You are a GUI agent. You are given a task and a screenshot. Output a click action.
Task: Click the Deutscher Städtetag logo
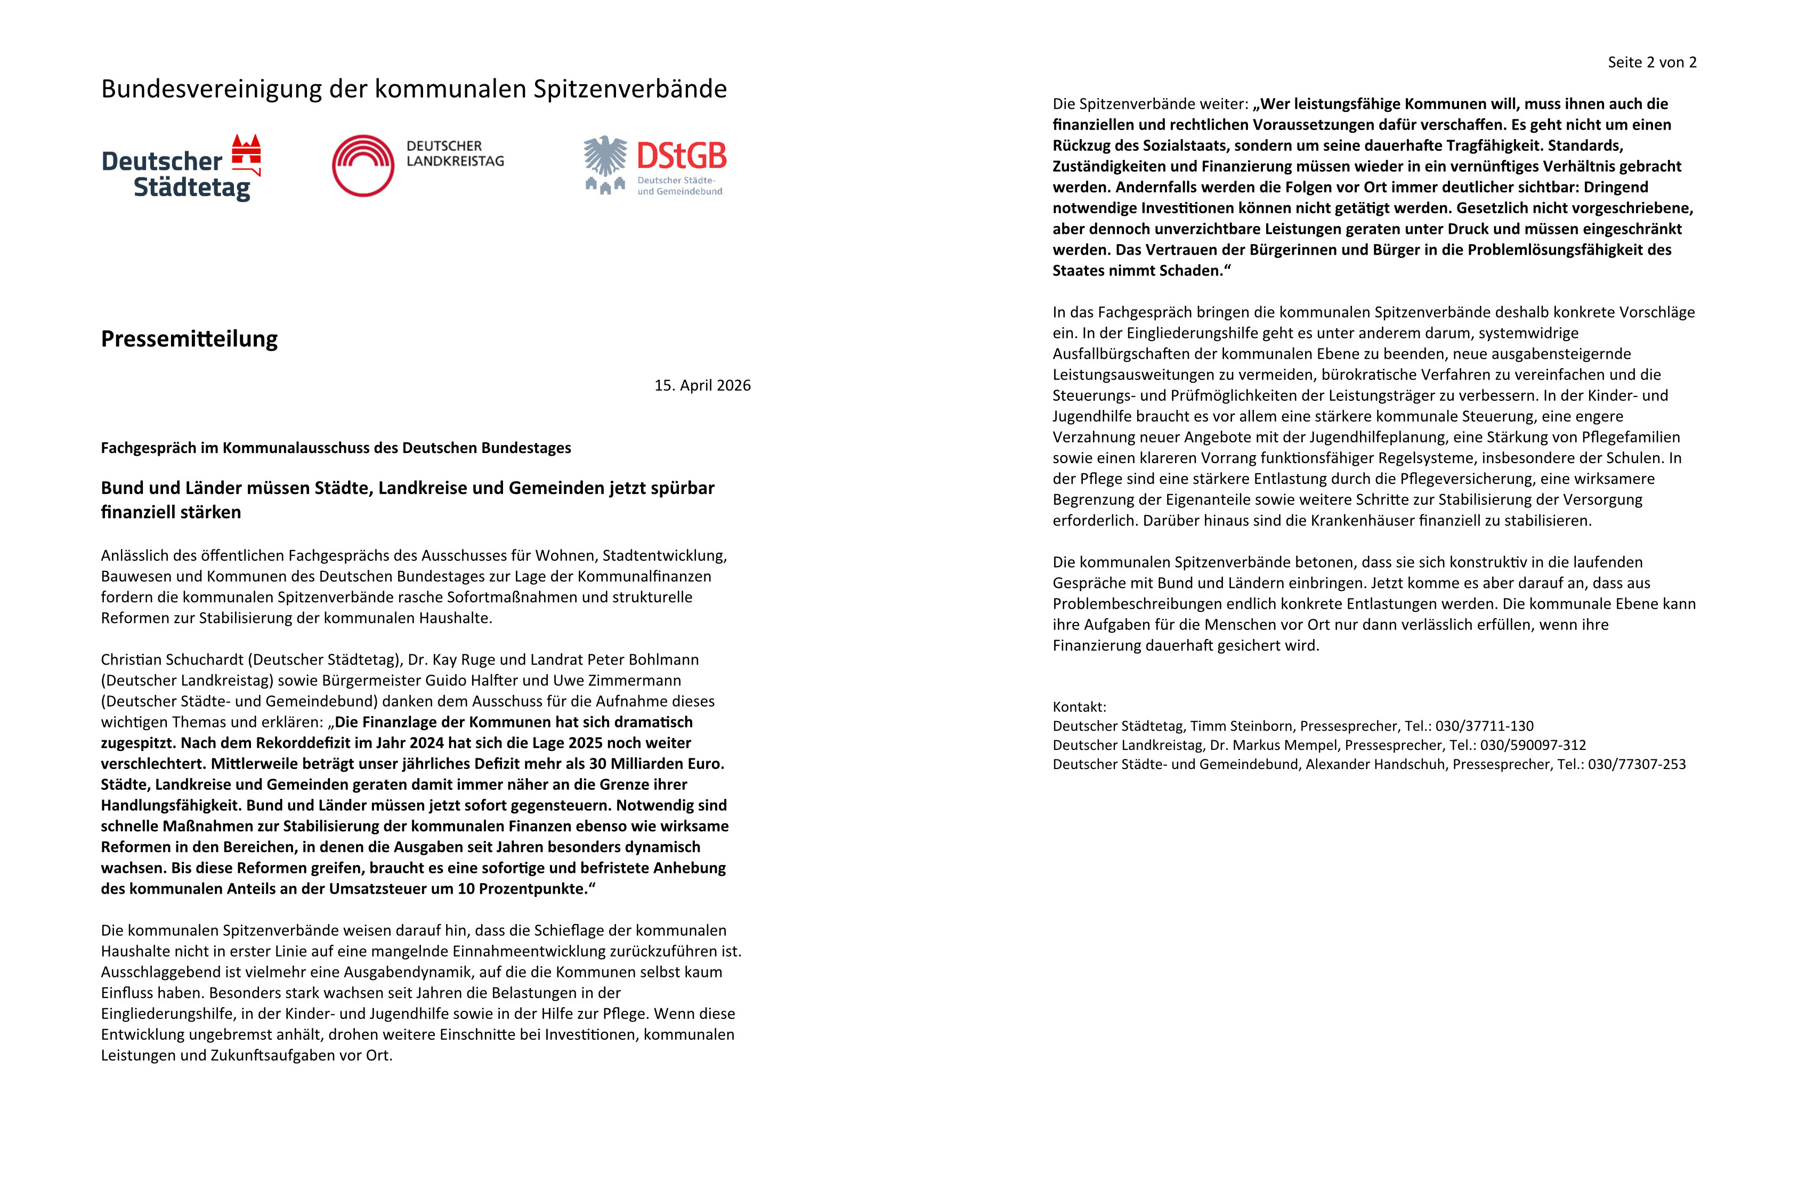click(181, 168)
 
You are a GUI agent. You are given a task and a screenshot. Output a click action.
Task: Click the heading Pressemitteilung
click(189, 339)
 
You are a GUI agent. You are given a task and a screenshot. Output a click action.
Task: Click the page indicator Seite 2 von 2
click(1651, 62)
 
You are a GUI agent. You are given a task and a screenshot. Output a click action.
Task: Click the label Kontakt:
click(1079, 707)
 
